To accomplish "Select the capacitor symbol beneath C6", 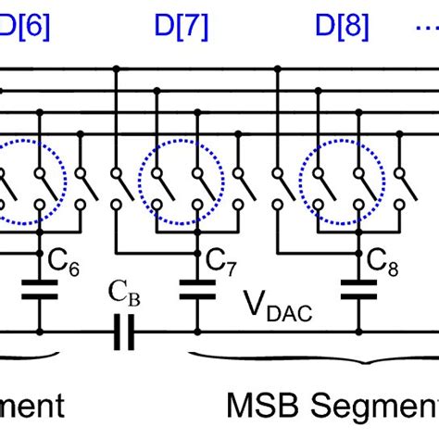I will pos(38,290).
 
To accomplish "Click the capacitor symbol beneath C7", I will pos(195,290).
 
